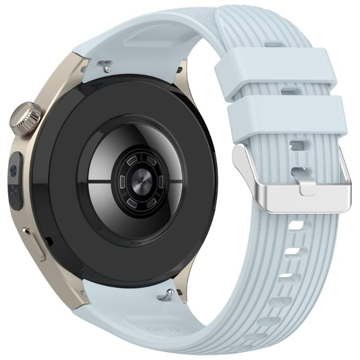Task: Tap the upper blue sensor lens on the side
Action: (14, 171)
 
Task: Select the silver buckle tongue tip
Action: (307, 188)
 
